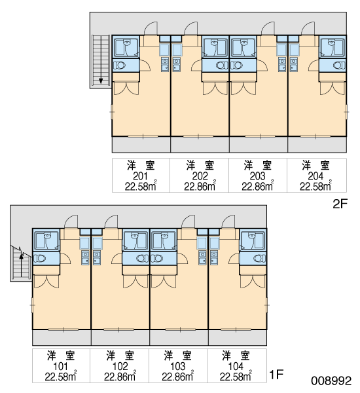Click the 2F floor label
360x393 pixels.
click(340, 204)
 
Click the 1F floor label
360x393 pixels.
click(276, 375)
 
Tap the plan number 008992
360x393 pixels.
click(331, 381)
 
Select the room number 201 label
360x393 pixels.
click(140, 176)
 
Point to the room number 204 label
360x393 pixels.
click(315, 176)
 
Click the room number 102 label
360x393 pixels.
click(120, 366)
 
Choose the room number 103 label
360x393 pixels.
click(178, 366)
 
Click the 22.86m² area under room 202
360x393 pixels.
click(200, 186)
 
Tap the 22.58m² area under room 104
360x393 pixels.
click(236, 376)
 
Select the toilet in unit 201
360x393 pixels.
click(119, 65)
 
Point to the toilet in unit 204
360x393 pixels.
click(339, 65)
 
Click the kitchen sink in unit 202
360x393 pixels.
click(176, 65)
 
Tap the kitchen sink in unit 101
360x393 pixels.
click(85, 258)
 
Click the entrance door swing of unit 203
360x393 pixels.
click(268, 28)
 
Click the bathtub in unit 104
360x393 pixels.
click(253, 241)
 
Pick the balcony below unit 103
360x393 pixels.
click(179, 337)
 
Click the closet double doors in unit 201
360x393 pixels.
click(126, 88)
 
